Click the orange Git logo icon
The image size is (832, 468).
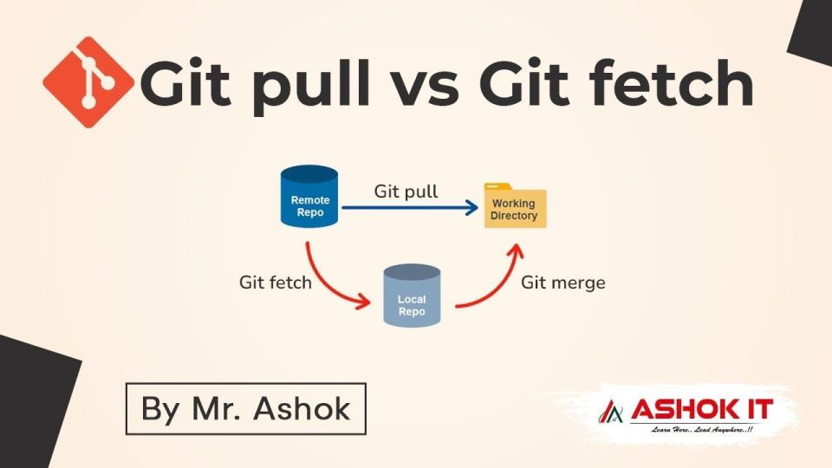(88, 82)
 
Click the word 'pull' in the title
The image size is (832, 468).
(311, 86)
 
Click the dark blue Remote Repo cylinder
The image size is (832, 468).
(309, 197)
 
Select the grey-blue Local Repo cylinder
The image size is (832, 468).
(412, 295)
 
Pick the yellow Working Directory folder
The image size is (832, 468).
(515, 206)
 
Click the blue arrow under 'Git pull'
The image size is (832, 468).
(410, 207)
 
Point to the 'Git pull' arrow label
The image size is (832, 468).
(406, 192)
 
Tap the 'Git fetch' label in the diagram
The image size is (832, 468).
(276, 283)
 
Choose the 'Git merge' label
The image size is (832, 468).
(563, 283)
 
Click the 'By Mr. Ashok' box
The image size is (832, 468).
(245, 408)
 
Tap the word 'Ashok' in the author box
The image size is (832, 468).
(302, 408)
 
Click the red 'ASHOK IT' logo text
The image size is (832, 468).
(701, 410)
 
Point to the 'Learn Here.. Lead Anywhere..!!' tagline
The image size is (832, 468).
(701, 429)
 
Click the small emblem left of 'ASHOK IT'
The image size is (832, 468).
(612, 411)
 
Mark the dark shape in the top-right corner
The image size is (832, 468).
(810, 33)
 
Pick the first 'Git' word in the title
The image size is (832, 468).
(185, 83)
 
